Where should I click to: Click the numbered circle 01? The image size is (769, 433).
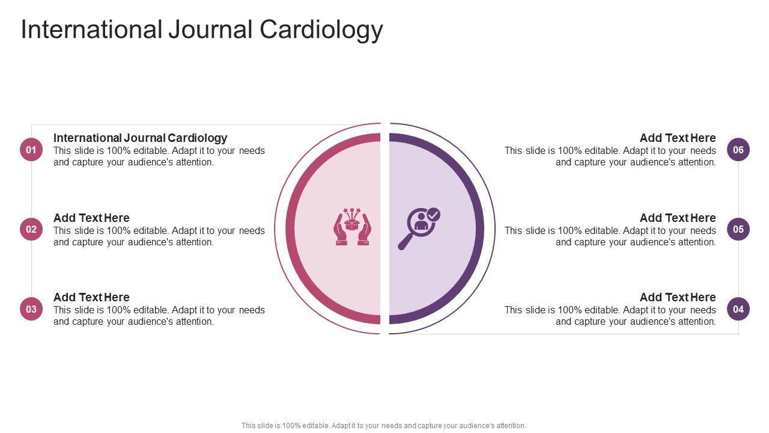click(31, 150)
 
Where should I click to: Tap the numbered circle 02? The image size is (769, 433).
click(31, 229)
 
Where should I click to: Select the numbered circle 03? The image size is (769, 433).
click(31, 309)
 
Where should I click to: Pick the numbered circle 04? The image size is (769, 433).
click(738, 309)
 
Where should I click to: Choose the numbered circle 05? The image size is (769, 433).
click(738, 229)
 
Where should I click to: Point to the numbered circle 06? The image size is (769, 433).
click(738, 150)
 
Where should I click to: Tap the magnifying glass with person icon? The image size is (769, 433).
click(419, 228)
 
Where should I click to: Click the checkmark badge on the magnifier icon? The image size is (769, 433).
click(433, 215)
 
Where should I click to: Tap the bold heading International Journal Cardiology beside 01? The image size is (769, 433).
click(140, 138)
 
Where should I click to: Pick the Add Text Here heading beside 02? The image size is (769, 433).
click(91, 218)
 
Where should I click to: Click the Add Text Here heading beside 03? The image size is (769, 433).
click(91, 297)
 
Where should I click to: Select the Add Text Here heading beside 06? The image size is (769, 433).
click(678, 138)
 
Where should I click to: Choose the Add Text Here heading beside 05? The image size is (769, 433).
click(678, 218)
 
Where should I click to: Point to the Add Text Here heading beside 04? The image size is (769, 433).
click(678, 297)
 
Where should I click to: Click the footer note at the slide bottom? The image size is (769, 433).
click(384, 425)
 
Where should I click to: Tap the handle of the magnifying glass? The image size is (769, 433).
click(405, 242)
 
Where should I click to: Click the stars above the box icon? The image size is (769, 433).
click(353, 212)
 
